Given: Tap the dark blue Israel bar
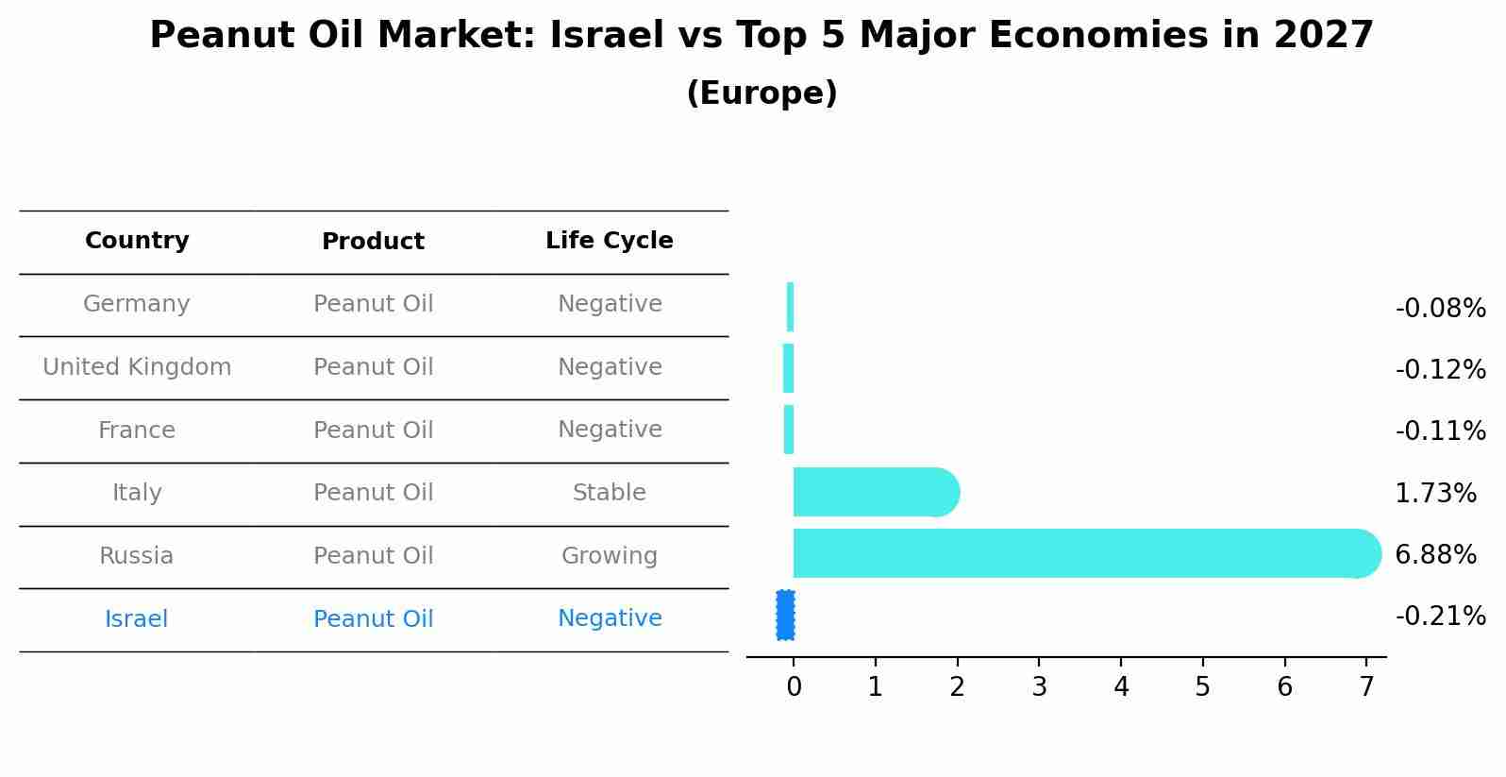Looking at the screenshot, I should tap(785, 616).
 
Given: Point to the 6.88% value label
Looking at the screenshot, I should tap(1435, 555).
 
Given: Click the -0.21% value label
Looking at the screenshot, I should tap(1440, 617).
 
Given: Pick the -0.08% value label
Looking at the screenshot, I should tap(1440, 309).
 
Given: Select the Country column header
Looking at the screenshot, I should tap(137, 241).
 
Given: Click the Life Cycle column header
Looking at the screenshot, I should tap(609, 241).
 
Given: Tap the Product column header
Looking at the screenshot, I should tap(373, 242).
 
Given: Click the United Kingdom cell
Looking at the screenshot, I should tap(137, 367).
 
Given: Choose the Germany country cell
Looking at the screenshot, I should tap(137, 304).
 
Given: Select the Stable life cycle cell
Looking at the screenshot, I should tap(609, 493).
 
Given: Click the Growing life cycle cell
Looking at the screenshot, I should tap(609, 556).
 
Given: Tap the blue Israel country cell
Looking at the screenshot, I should tap(137, 619).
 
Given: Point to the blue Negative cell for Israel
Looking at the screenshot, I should tap(609, 618).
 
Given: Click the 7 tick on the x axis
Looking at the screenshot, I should tap(1365, 687).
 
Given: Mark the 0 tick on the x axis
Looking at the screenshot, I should tap(794, 687).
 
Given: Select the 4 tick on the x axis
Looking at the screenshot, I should tap(1121, 687).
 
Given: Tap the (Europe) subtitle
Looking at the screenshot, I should tap(761, 93).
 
